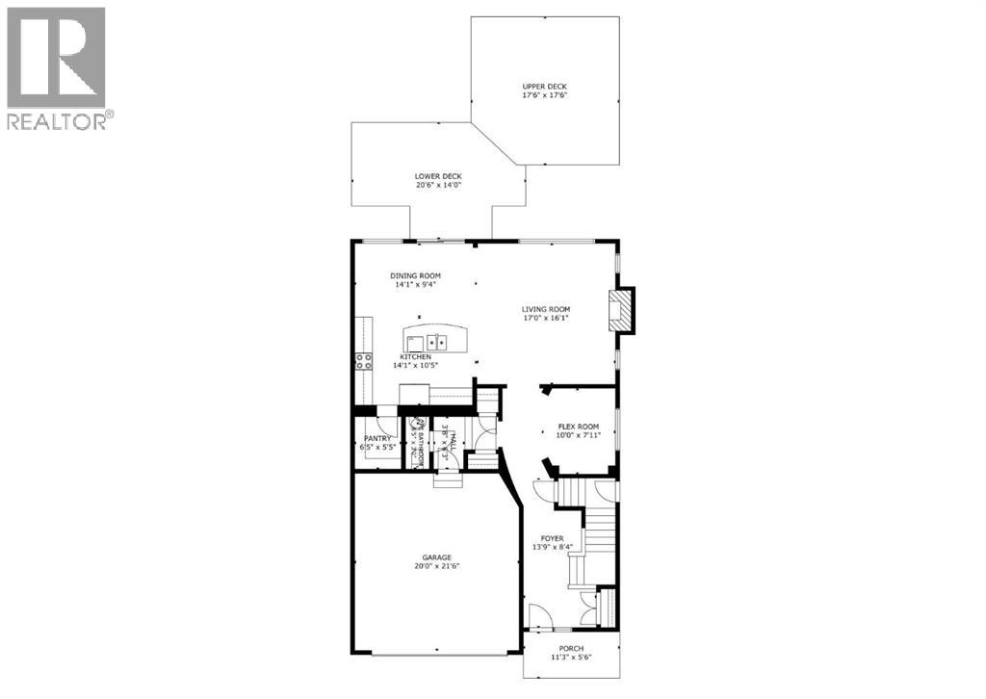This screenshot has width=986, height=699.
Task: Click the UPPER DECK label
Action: (x=538, y=86)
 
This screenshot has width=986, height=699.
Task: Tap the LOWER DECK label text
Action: (x=438, y=176)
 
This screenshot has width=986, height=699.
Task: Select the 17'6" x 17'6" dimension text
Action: (x=538, y=95)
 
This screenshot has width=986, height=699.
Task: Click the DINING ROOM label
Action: (x=416, y=275)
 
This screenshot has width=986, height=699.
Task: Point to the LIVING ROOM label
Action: (x=546, y=308)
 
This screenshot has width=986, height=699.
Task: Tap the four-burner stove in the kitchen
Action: (x=364, y=362)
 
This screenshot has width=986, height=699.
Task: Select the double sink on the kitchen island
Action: (x=439, y=341)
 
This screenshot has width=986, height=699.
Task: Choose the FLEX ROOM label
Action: (x=579, y=427)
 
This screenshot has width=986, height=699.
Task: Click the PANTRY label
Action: (x=376, y=438)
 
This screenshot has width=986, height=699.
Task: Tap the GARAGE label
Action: (x=436, y=557)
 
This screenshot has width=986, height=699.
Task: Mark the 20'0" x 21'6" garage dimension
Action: (x=436, y=567)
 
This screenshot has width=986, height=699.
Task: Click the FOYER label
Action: (x=552, y=538)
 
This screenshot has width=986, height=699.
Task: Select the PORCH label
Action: (x=570, y=649)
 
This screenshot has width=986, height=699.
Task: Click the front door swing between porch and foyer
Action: (x=535, y=615)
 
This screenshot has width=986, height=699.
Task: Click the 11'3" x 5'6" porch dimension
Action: (x=570, y=659)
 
